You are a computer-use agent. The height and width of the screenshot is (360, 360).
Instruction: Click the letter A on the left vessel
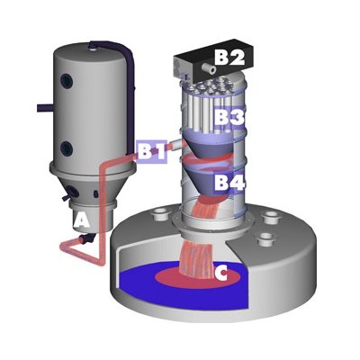82,221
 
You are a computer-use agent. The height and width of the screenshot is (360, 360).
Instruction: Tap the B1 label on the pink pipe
151,151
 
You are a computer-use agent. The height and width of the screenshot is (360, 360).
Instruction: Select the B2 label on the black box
230,58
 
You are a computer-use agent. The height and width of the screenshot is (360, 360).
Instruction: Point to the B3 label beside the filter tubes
229,118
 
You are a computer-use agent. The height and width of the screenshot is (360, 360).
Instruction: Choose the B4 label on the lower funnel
229,183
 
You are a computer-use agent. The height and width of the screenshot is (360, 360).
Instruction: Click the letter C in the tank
221,274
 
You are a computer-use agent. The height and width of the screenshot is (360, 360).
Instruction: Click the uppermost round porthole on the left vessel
67,80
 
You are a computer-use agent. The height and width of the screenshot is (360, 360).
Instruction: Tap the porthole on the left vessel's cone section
73,191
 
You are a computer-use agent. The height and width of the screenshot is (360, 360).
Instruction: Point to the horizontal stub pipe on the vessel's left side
45,108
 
